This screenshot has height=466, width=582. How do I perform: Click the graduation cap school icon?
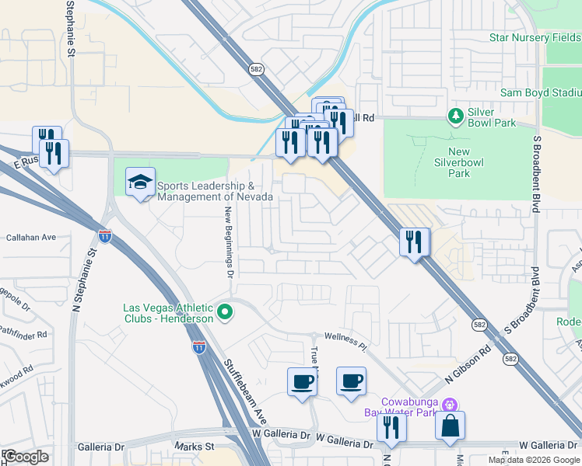[x=140, y=183]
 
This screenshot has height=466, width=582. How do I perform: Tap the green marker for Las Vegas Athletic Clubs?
[x=226, y=313]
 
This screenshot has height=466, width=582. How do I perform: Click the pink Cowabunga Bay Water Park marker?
[x=449, y=405]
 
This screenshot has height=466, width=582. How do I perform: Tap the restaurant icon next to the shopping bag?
[x=391, y=428]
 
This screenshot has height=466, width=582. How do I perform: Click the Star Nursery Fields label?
[x=535, y=37]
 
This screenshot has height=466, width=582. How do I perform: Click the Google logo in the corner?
[x=26, y=456]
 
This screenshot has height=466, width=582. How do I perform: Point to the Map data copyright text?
[x=534, y=460]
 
